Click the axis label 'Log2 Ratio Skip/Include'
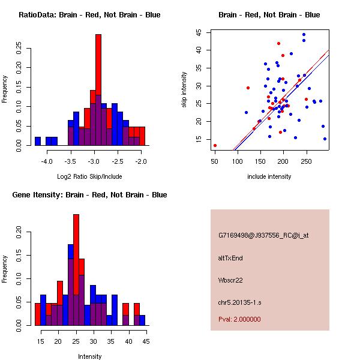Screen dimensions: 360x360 pos(89,176)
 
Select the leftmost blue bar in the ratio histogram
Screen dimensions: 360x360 pos(38,141)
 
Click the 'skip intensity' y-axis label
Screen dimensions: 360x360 pos(184,90)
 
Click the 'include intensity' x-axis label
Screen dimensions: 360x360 pos(269,176)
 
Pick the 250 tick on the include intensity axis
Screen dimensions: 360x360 pos(307,161)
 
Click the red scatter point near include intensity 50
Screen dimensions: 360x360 pos(215,145)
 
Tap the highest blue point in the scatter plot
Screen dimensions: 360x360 pos(304,35)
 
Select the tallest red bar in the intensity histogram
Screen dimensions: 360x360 pos(76,264)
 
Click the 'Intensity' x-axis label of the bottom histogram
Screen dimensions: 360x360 pos(90,356)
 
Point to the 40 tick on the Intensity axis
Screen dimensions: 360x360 pos(128,341)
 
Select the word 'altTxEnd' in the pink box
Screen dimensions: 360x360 pos(230,258)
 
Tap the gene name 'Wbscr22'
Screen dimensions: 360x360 pos(230,280)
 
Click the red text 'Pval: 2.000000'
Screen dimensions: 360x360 pos(239,319)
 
